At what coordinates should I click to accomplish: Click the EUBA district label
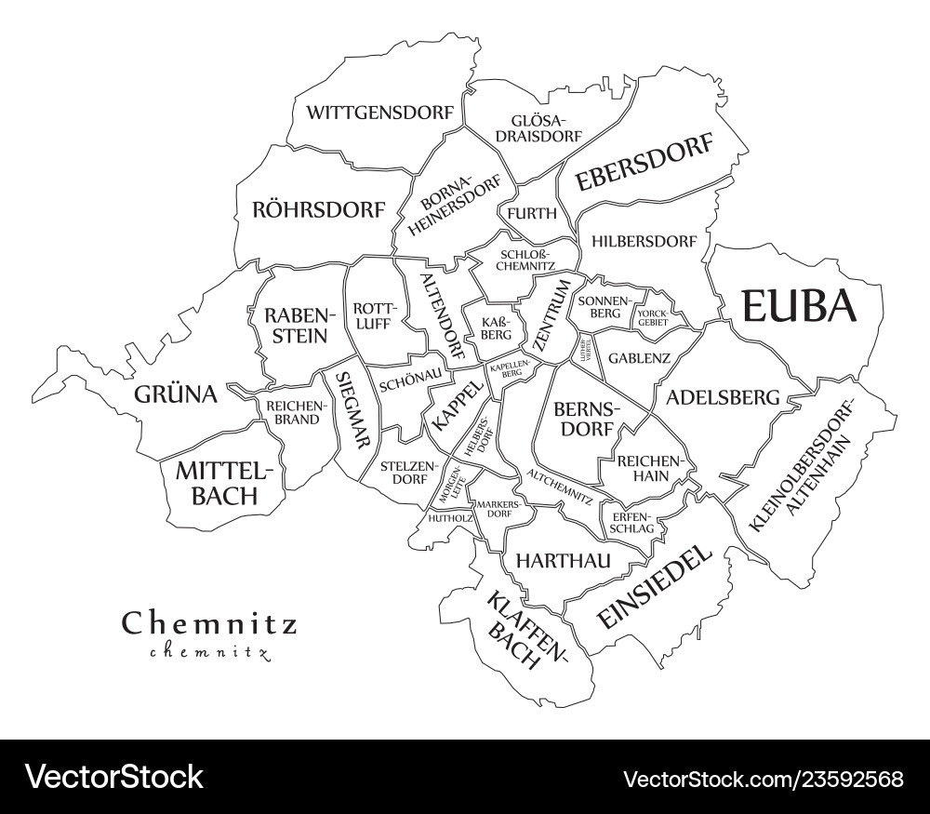[x=798, y=306]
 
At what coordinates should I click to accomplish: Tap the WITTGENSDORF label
[x=380, y=113]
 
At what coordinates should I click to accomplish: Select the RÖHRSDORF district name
[x=318, y=209]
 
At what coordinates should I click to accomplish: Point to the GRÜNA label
[x=176, y=394]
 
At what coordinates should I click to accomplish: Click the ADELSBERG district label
[x=723, y=397]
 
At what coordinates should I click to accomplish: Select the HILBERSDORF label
[x=643, y=241]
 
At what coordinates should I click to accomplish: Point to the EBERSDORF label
[x=644, y=162]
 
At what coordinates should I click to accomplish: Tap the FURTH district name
[x=532, y=213]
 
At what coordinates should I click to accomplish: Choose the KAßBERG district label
[x=496, y=327]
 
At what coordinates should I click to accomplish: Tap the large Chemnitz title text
[x=209, y=622]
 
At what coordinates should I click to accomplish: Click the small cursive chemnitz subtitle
[x=209, y=651]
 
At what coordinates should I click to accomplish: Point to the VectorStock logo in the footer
[x=114, y=777]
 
